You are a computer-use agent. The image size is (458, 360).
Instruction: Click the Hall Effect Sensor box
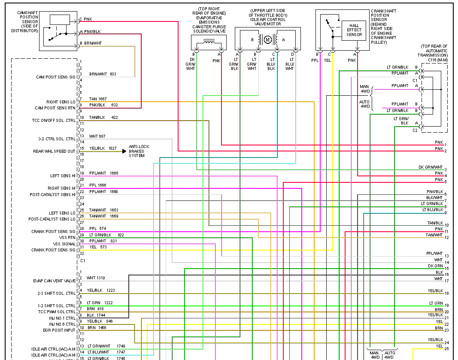click(354, 30)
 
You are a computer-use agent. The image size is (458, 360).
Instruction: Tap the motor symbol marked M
click(268, 40)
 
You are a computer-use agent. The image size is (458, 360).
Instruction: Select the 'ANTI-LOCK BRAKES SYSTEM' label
click(136, 151)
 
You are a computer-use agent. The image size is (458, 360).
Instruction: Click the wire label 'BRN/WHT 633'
click(103, 74)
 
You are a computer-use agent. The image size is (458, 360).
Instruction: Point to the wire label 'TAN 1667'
click(97, 99)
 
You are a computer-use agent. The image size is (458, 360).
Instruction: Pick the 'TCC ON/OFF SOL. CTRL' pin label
click(54, 121)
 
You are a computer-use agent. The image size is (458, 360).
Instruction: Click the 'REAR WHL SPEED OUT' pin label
click(54, 151)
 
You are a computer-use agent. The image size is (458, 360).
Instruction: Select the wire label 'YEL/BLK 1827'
click(103, 148)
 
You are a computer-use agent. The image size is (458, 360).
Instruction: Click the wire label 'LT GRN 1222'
click(99, 303)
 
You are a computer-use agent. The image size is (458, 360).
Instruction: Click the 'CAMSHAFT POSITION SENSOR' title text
click(27, 21)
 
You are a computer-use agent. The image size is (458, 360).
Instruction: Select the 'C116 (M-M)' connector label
click(437, 60)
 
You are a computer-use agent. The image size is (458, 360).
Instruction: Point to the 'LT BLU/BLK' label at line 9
click(432, 210)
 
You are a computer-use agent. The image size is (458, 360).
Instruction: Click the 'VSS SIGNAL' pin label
click(64, 244)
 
